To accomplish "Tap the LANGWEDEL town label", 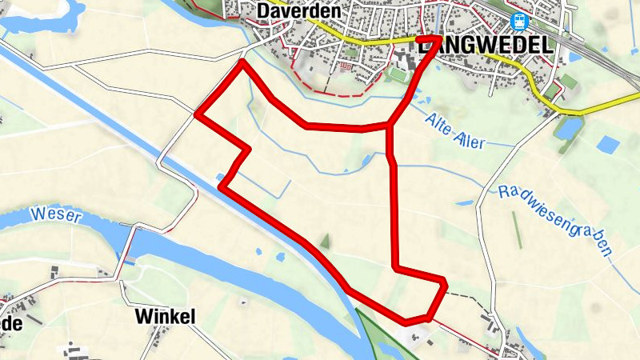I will click(486, 46).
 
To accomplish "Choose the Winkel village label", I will click(165, 317).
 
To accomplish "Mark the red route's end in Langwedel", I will click(438, 38).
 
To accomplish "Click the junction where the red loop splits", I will click(390, 126).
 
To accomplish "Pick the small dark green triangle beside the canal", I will click(325, 240).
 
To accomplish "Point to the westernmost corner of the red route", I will click(197, 114).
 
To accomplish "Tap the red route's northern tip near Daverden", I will click(241, 62).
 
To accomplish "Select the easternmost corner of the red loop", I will click(445, 282).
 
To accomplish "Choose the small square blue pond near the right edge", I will click(609, 145).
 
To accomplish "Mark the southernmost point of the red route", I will click(408, 322).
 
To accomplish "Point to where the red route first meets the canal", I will click(221, 187).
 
